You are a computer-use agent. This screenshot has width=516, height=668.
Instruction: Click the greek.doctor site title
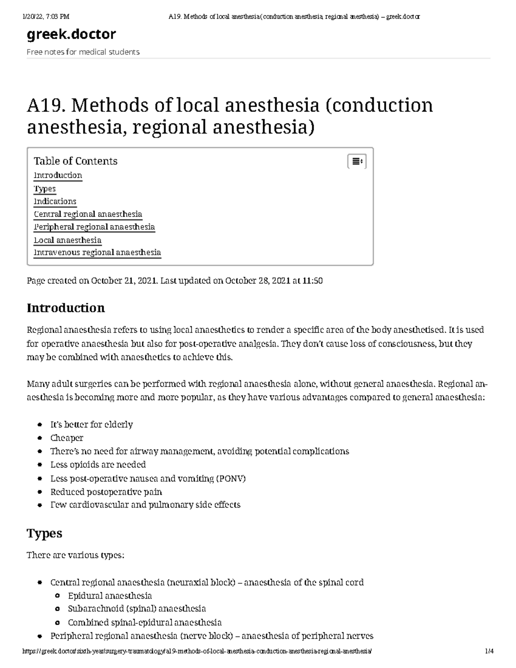tap(71, 34)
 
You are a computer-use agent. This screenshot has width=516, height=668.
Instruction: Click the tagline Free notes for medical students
tap(83, 52)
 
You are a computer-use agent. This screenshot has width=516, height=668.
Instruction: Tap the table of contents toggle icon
tap(356, 161)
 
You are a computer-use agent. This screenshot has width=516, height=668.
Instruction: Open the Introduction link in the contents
tap(58, 175)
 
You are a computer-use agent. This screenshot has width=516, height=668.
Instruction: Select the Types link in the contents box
tap(45, 189)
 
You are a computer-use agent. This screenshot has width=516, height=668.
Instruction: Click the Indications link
tap(55, 201)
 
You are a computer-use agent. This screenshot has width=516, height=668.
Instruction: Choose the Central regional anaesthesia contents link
tap(88, 214)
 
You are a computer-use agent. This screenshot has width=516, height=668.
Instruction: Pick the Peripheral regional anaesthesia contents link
tap(94, 227)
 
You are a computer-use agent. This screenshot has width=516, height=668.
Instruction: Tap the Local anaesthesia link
tap(68, 240)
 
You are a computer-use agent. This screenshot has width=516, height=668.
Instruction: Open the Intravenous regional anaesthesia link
tap(97, 252)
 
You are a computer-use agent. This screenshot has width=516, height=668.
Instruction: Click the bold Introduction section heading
tap(66, 308)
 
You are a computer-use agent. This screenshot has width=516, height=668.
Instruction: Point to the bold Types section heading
tap(44, 533)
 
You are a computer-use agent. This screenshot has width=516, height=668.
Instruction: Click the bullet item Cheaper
tap(67, 438)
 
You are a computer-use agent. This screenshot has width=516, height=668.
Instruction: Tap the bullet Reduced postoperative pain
tap(106, 492)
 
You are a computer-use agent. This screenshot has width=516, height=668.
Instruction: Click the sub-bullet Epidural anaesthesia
tap(110, 596)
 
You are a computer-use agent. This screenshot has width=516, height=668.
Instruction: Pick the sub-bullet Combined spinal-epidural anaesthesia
tap(144, 622)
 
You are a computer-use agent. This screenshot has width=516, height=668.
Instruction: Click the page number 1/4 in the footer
tap(489, 651)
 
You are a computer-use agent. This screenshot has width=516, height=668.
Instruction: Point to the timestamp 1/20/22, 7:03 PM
tap(46, 17)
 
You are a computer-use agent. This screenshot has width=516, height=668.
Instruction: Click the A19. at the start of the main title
tap(45, 106)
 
